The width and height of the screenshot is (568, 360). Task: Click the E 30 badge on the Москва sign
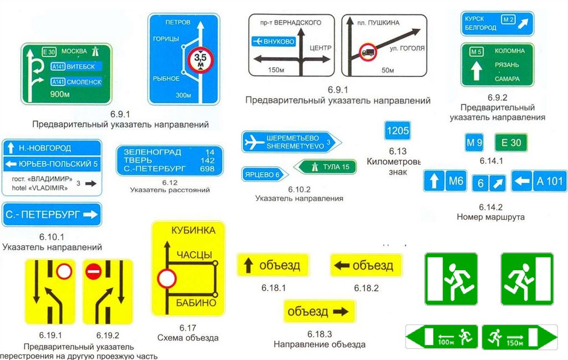pos(49,52)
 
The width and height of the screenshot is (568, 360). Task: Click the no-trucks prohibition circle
pos(367,53)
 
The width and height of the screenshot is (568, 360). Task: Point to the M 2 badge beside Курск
pos(508,21)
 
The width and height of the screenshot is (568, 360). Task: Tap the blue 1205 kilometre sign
pos(397,131)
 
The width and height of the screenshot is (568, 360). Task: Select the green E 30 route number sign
pos(511,143)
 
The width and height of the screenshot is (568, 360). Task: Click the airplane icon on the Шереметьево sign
pos(255,142)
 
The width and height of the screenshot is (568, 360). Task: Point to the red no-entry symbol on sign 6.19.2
pos(93,272)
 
